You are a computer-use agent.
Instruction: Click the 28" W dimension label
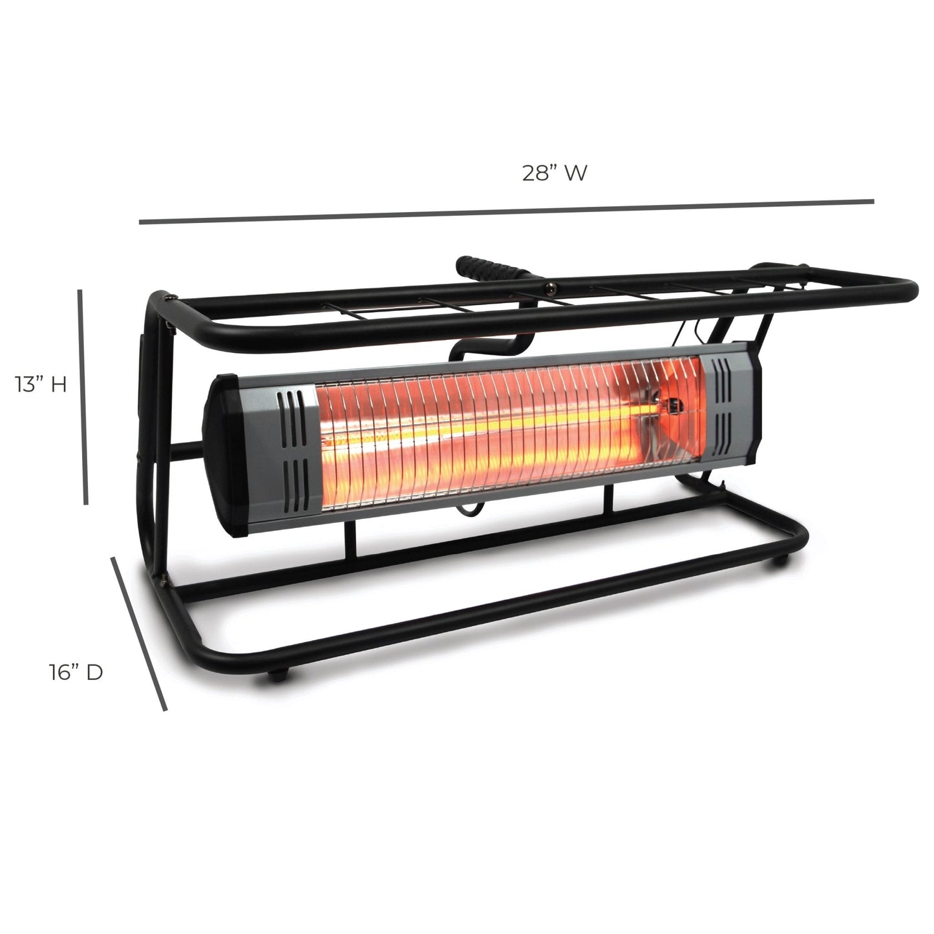[x=555, y=173]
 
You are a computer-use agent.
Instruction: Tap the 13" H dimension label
[x=41, y=385]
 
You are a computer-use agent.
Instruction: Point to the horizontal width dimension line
[x=506, y=211]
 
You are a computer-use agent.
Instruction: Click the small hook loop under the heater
[x=467, y=511]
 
